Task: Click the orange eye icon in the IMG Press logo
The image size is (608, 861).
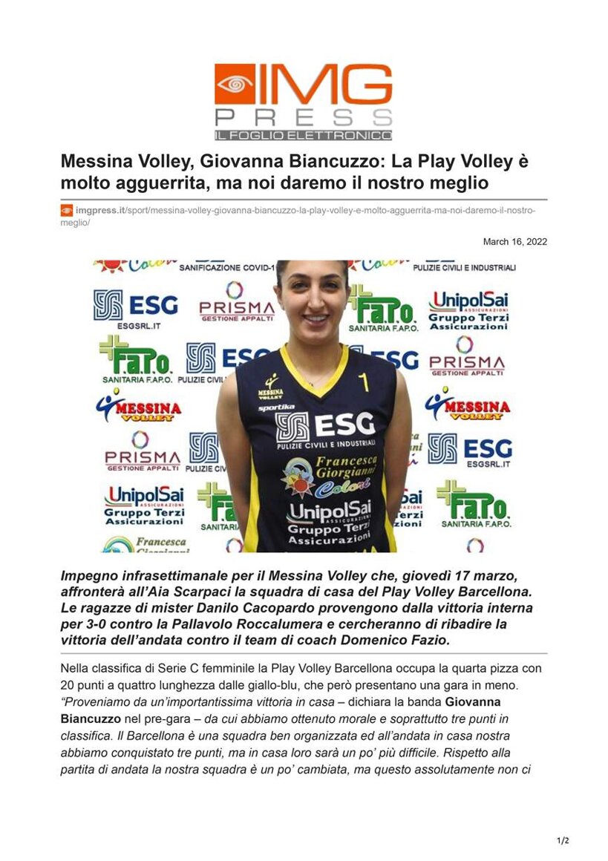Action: click(235, 84)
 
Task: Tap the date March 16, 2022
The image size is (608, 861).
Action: click(515, 241)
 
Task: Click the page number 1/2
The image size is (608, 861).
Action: click(563, 840)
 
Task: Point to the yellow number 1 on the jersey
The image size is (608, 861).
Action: click(365, 382)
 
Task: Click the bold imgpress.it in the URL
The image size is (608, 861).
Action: click(100, 211)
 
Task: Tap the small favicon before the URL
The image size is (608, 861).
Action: click(66, 211)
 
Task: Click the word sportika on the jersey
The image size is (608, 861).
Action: click(276, 407)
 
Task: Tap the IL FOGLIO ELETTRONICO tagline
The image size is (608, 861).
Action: click(303, 135)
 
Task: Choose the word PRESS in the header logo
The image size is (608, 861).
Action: click(303, 117)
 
